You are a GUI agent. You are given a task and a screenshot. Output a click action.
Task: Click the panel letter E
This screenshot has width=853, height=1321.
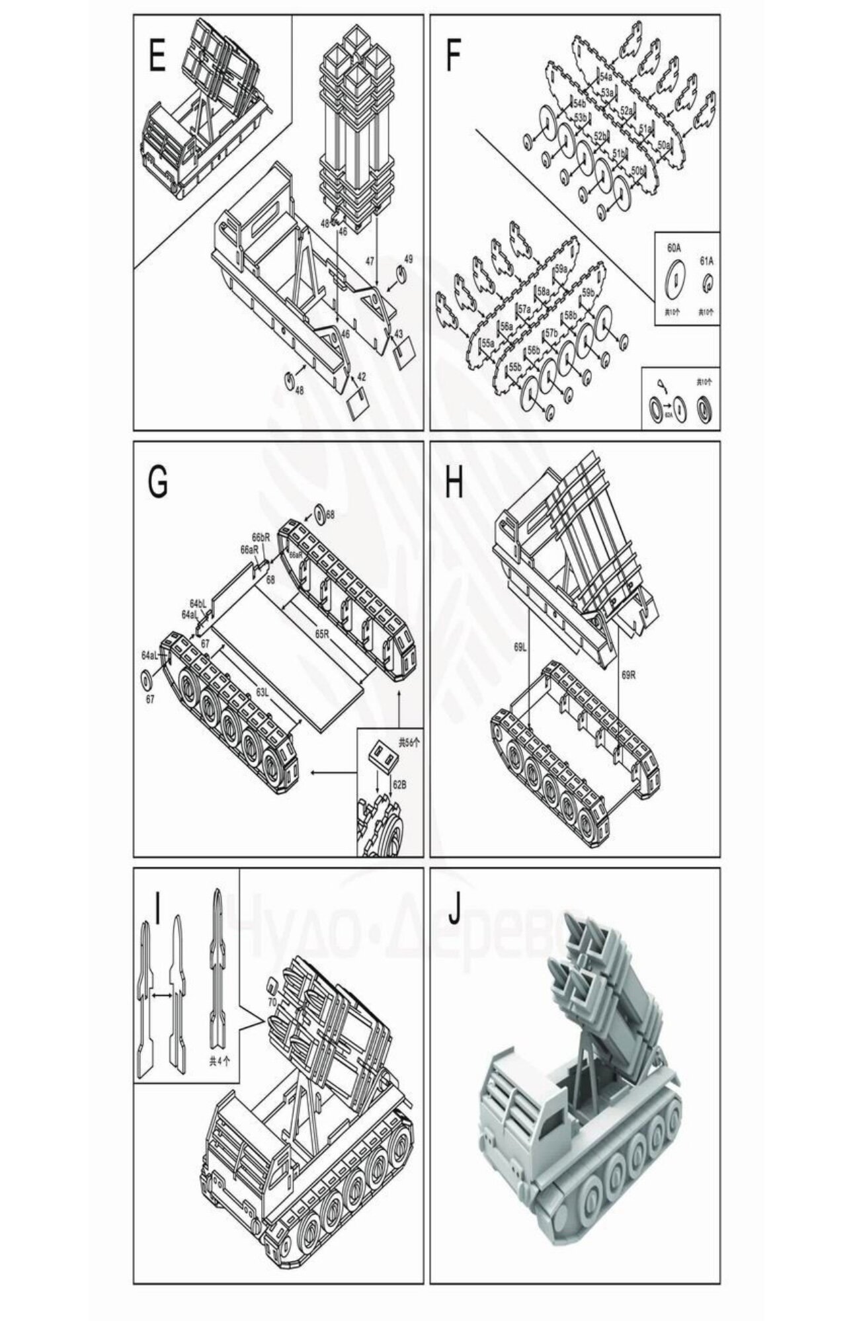click(x=157, y=56)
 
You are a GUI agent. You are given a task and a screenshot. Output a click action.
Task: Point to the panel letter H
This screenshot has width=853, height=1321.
click(x=454, y=483)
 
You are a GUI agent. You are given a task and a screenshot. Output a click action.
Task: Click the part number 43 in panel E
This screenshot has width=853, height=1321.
click(x=399, y=333)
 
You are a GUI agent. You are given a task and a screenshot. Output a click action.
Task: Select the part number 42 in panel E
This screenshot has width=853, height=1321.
click(x=362, y=376)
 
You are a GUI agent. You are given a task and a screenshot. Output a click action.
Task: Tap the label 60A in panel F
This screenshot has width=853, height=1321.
click(x=674, y=248)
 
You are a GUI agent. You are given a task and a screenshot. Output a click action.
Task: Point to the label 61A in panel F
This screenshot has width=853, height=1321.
click(x=707, y=261)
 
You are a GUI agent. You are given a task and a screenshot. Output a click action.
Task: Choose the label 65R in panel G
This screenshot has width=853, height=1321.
click(x=322, y=633)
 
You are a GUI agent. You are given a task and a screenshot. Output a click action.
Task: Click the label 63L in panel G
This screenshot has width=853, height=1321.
click(x=263, y=692)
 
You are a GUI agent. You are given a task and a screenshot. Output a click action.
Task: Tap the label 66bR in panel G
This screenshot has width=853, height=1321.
click(x=261, y=537)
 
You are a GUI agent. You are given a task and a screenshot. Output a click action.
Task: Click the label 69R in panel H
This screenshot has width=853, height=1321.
click(x=629, y=675)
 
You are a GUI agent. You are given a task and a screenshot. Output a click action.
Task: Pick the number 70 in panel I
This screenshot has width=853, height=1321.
click(x=271, y=1002)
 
